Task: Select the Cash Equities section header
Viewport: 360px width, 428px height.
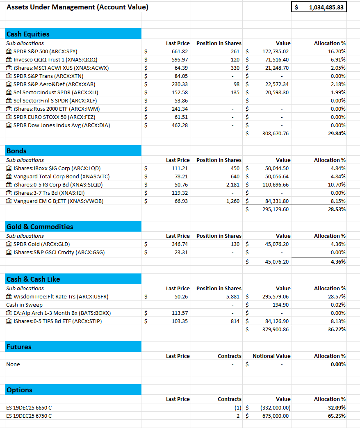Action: (x=28, y=34)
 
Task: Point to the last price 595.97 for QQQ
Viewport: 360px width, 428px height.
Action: (x=180, y=59)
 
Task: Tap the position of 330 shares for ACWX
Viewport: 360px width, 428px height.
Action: (x=235, y=68)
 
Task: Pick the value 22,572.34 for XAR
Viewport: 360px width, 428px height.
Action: (x=276, y=84)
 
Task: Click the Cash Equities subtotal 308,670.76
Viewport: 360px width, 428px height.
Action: (x=275, y=133)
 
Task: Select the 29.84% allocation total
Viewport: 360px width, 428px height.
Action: (x=337, y=133)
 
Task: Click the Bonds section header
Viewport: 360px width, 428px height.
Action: (x=17, y=151)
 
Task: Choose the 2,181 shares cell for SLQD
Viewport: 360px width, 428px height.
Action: (x=232, y=184)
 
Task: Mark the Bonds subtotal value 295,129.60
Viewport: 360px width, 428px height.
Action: (x=275, y=209)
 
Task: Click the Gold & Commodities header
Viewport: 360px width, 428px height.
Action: (x=40, y=227)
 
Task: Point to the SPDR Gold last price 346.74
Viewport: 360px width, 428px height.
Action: (x=180, y=244)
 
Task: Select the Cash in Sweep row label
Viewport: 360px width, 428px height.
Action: (x=24, y=305)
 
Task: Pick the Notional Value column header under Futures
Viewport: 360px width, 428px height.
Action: (x=271, y=356)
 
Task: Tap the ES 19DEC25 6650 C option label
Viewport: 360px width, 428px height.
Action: (x=29, y=408)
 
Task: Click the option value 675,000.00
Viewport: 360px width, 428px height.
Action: (x=276, y=416)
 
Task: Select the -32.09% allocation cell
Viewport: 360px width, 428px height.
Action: (x=337, y=408)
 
